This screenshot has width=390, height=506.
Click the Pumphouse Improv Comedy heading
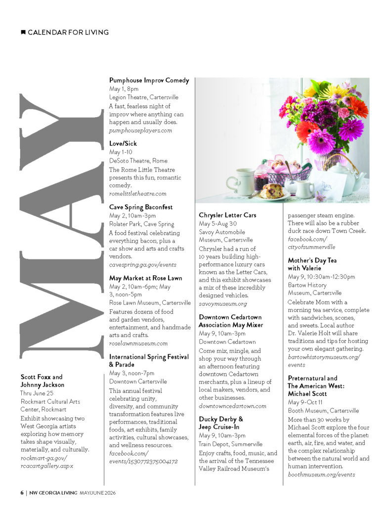pyautogui.click(x=149, y=80)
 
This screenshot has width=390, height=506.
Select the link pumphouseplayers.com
pyautogui.click(x=140, y=130)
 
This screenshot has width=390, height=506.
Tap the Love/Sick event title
pyautogui.click(x=123, y=143)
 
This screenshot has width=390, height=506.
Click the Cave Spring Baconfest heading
pyautogui.click(x=141, y=207)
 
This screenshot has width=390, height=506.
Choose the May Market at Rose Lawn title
pyautogui.click(x=145, y=278)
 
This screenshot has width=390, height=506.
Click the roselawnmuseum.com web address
pyautogui.click(x=138, y=343)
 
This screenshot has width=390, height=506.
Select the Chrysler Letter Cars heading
pyautogui.click(x=227, y=215)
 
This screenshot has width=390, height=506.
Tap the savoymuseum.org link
pyautogui.click(x=222, y=303)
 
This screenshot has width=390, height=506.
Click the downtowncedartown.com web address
pyautogui.click(x=232, y=406)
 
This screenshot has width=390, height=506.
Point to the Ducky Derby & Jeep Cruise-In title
pyautogui.click(x=221, y=422)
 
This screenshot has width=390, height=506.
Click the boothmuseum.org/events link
pyautogui.click(x=321, y=474)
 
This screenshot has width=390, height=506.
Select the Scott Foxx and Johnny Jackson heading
pyautogui.click(x=42, y=380)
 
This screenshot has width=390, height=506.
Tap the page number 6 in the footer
pyautogui.click(x=22, y=493)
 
